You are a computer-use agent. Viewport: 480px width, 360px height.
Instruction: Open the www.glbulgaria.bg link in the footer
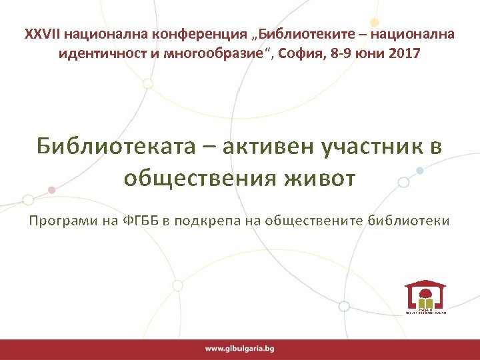point(239,349)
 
